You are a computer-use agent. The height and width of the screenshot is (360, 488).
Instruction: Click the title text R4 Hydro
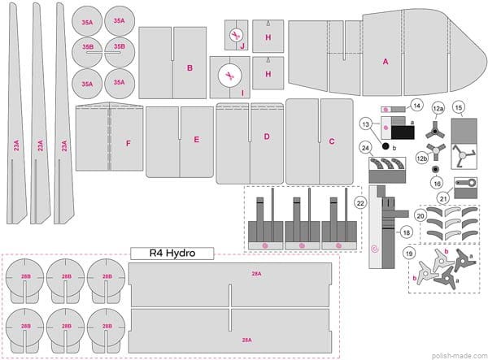[x=172, y=254]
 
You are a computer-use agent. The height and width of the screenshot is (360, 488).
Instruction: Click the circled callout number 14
[x=416, y=106]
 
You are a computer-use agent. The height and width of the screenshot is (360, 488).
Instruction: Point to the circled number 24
[x=366, y=148]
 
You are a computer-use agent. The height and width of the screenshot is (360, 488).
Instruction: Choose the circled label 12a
[x=438, y=107]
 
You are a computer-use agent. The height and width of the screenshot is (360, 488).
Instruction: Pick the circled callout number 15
[x=459, y=107]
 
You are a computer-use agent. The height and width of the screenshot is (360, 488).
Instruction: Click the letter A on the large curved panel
[x=386, y=61]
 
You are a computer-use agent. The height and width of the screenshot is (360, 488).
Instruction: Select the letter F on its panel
[x=127, y=143]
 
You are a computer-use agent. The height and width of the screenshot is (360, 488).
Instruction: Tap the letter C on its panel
[x=332, y=141]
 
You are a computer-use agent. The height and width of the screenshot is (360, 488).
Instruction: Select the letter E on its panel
[x=196, y=140]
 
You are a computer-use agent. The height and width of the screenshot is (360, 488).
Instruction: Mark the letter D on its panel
[x=266, y=137]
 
